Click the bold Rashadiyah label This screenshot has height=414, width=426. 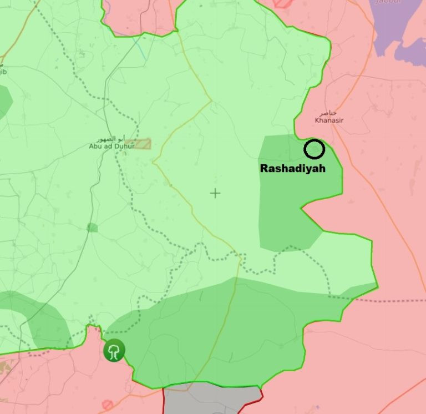pos(292,168)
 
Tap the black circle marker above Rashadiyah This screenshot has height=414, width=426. pos(315,149)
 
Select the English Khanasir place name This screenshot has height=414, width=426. pos(327,119)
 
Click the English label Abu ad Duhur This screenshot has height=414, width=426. pos(111,146)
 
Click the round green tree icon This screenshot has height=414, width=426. pos(114,350)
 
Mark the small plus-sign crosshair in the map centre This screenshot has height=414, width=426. pos(215,193)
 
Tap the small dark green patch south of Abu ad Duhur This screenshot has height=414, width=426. pos(92,228)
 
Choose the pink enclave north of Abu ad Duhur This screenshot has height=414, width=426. pos(139,17)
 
